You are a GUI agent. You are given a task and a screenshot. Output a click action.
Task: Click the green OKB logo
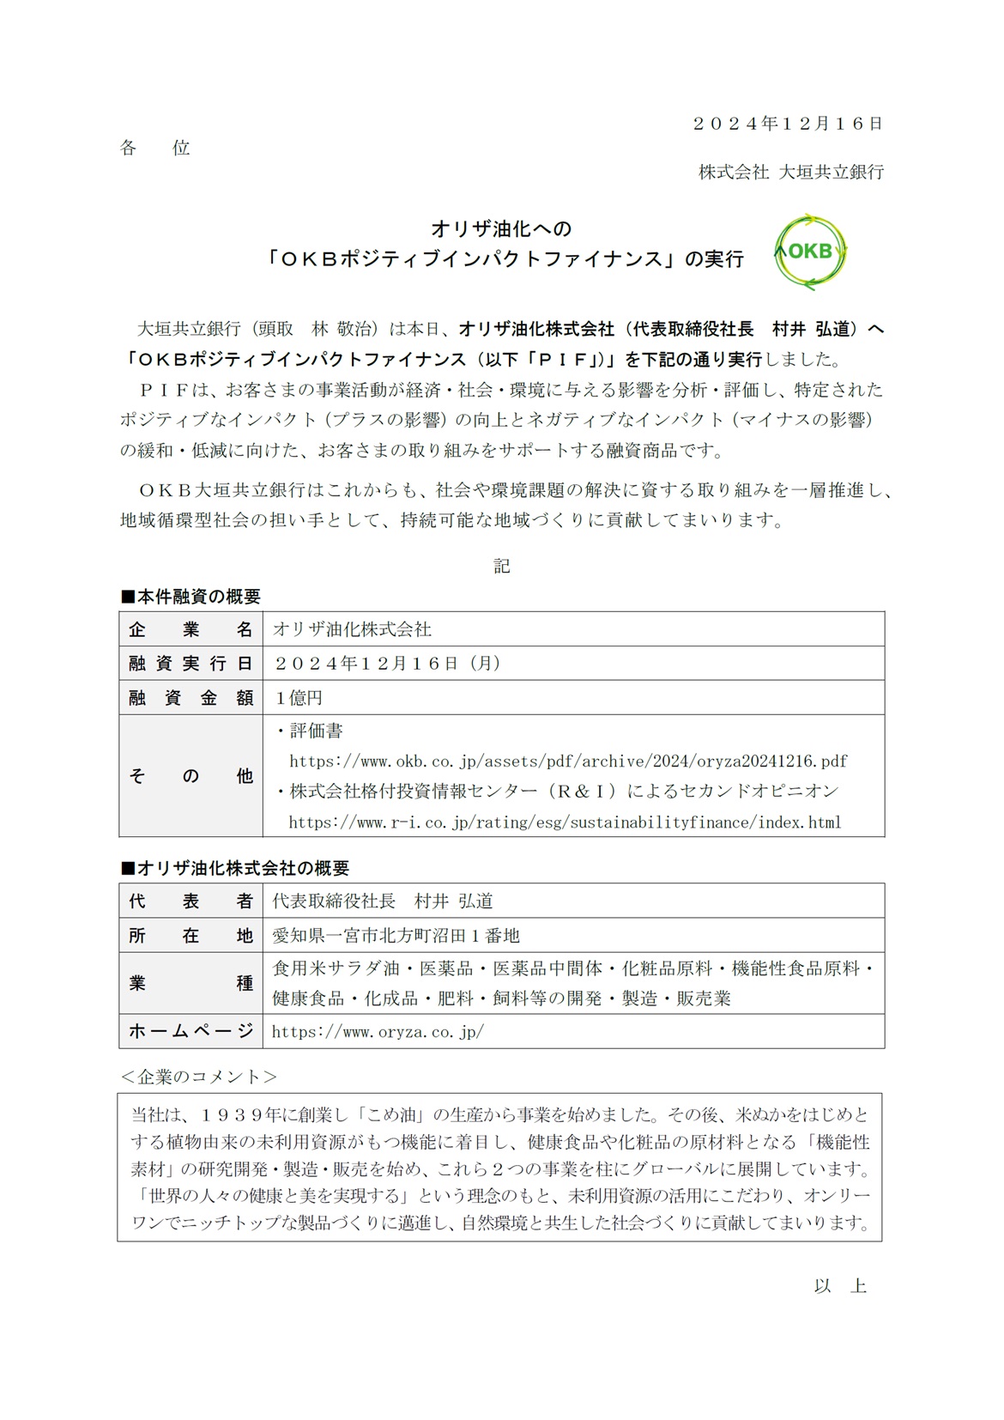tap(810, 252)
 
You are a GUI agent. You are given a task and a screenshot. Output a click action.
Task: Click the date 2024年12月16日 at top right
tap(788, 124)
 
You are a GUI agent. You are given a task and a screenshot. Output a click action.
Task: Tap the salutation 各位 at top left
tap(154, 148)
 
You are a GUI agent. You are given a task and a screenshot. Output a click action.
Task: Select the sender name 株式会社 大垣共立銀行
tap(790, 172)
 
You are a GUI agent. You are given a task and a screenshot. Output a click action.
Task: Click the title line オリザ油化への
tap(501, 229)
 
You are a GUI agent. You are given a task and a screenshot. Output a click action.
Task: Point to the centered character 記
tap(502, 565)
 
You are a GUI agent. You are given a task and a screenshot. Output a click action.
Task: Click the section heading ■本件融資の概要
tap(190, 597)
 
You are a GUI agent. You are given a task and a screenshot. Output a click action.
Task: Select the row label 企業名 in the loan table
tap(191, 629)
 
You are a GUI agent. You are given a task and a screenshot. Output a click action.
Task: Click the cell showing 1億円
tap(299, 698)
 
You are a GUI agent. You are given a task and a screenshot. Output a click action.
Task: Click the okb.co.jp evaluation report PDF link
tap(568, 761)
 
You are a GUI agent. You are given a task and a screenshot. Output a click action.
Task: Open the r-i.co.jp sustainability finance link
tap(565, 822)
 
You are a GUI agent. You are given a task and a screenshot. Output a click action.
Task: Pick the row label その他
tap(191, 776)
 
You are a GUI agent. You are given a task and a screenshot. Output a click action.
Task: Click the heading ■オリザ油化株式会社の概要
tap(234, 869)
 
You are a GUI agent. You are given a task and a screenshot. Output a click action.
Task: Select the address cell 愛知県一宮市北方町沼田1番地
tap(396, 936)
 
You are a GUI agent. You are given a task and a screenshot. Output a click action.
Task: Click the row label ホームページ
tap(191, 1031)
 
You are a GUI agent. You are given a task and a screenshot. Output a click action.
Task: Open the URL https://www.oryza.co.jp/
tap(378, 1032)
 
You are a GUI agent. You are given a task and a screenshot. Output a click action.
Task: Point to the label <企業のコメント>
tap(198, 1077)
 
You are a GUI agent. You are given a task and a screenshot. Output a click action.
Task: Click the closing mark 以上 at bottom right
tap(840, 1286)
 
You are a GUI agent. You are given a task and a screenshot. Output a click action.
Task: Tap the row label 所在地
tap(191, 936)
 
